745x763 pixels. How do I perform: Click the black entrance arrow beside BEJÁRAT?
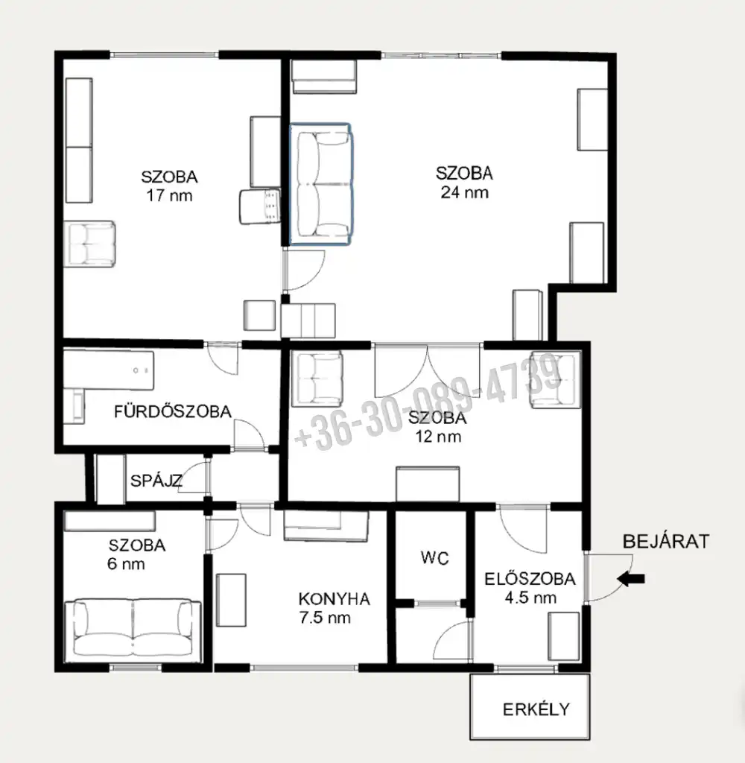click(631, 578)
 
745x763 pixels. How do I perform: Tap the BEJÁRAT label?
click(666, 542)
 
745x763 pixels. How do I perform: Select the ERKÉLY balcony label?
click(536, 709)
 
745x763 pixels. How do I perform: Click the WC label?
click(434, 558)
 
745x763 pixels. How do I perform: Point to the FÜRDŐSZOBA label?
click(173, 411)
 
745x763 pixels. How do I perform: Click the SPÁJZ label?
click(156, 481)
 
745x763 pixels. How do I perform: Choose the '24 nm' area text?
click(464, 192)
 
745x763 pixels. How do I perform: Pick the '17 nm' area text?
click(169, 196)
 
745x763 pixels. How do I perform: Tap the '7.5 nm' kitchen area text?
click(325, 618)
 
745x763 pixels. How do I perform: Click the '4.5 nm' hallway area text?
click(530, 598)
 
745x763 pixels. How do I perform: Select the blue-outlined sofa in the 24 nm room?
click(320, 184)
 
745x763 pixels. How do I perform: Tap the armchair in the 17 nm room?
click(90, 244)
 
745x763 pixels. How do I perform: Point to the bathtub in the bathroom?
click(109, 370)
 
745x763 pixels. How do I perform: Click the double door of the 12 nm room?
click(427, 370)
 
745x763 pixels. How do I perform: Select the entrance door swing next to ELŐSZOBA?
click(608, 578)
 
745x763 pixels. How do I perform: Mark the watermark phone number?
click(428, 402)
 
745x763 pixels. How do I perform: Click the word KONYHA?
click(335, 599)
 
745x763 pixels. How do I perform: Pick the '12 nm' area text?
click(438, 437)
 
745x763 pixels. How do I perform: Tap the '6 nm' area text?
click(126, 564)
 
